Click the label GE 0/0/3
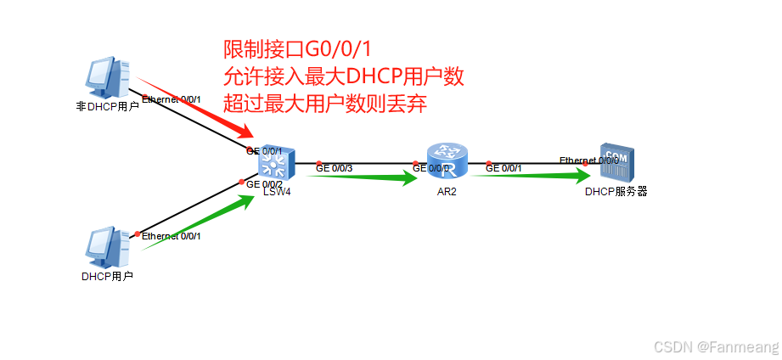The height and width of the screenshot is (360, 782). [x=334, y=168]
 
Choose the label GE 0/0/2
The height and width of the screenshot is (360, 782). [x=264, y=184]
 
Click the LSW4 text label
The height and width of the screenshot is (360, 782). [x=277, y=192]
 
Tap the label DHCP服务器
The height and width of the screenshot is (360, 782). [x=616, y=192]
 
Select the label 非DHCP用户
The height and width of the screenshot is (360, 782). [x=108, y=107]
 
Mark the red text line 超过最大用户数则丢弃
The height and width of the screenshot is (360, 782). [x=324, y=104]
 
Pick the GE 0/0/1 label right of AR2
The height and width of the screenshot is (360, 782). [x=504, y=168]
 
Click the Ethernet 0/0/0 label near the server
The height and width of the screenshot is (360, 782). [x=589, y=160]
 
